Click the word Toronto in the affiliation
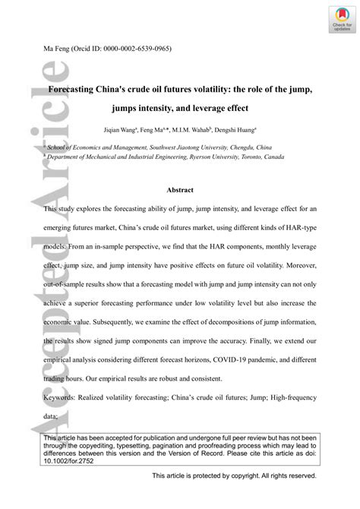241,157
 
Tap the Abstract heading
179,189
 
